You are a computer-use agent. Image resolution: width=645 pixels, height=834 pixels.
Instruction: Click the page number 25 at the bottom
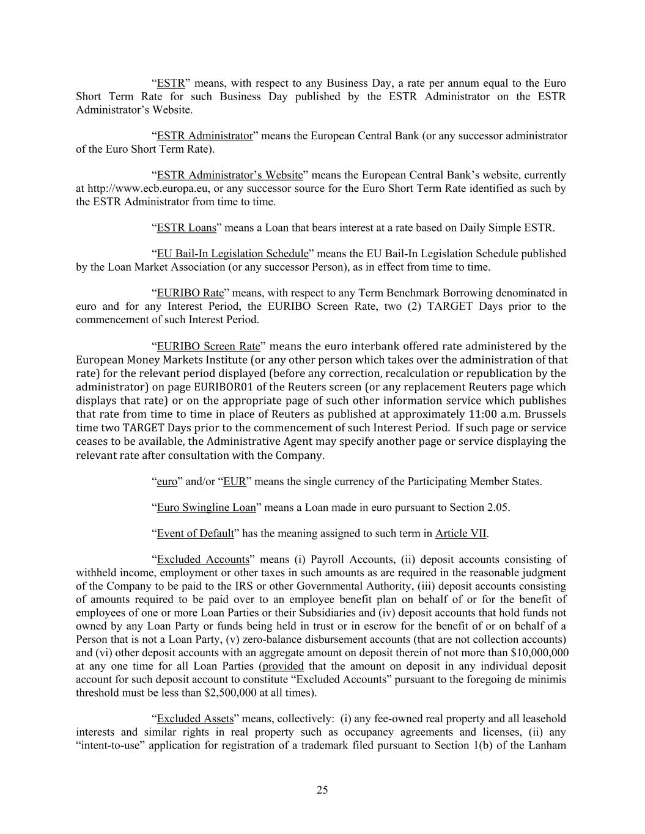[322, 790]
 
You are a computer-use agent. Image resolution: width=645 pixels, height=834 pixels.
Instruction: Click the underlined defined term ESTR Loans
[186, 228]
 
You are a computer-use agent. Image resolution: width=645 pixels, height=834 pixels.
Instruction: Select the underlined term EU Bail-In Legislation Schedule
[232, 254]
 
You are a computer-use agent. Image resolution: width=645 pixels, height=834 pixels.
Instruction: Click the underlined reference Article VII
[461, 533]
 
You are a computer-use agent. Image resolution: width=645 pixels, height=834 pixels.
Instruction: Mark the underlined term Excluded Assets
[195, 719]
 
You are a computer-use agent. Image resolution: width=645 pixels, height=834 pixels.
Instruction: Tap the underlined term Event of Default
[195, 533]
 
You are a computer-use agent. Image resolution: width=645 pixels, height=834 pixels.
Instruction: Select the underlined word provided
[282, 666]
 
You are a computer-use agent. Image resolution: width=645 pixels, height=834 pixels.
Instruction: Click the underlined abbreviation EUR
[234, 481]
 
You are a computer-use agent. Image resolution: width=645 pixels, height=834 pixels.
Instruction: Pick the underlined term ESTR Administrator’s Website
[230, 175]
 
